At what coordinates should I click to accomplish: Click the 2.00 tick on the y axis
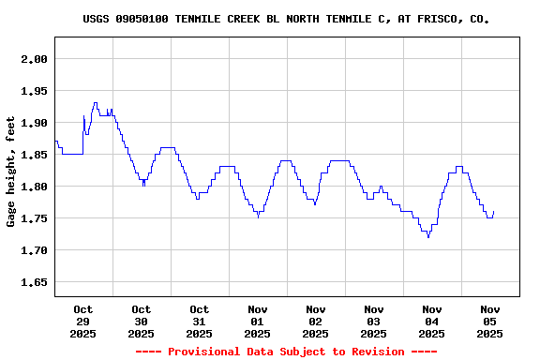pyautogui.click(x=35, y=59)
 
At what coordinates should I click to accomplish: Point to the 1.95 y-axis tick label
pyautogui.click(x=35, y=91)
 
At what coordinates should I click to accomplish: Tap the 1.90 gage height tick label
pyautogui.click(x=35, y=123)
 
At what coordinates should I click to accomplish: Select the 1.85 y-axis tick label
pyautogui.click(x=35, y=155)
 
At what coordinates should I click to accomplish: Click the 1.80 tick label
pyautogui.click(x=35, y=187)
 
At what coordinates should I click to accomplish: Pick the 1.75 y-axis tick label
pyautogui.click(x=35, y=218)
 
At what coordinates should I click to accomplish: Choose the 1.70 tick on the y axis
pyautogui.click(x=35, y=250)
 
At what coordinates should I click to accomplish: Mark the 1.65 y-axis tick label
pyautogui.click(x=35, y=282)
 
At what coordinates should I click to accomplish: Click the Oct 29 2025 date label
pyautogui.click(x=83, y=321)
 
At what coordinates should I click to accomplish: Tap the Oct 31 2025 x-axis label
pyautogui.click(x=200, y=321)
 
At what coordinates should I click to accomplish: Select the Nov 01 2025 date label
pyautogui.click(x=258, y=321)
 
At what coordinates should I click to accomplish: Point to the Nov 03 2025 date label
pyautogui.click(x=374, y=321)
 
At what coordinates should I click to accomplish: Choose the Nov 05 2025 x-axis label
pyautogui.click(x=490, y=321)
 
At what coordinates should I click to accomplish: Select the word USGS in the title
pyautogui.click(x=97, y=19)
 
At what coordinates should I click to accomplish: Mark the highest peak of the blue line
pyautogui.click(x=95, y=103)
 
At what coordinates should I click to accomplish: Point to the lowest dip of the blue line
pyautogui.click(x=428, y=237)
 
